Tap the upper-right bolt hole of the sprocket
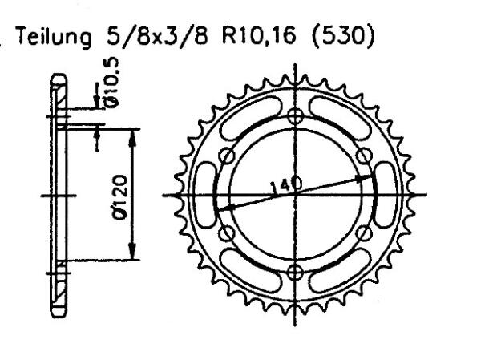coord(365,156)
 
